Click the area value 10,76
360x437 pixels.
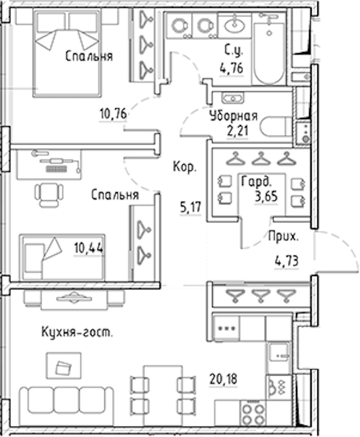(x=113, y=114)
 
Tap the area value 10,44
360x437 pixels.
(x=88, y=248)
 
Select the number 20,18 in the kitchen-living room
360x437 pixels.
(x=223, y=379)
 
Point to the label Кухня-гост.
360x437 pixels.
(x=77, y=332)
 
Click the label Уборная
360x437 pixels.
(x=234, y=116)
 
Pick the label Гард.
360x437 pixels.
(x=256, y=182)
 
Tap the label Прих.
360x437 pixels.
(x=283, y=237)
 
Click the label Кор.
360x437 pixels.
(x=185, y=167)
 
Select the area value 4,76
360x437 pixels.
(x=231, y=68)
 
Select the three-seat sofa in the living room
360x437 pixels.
(x=66, y=406)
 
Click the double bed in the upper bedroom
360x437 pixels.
(x=67, y=53)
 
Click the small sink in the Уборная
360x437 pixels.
(x=233, y=98)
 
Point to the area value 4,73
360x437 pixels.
(x=287, y=261)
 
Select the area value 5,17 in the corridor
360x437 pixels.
(x=190, y=207)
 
